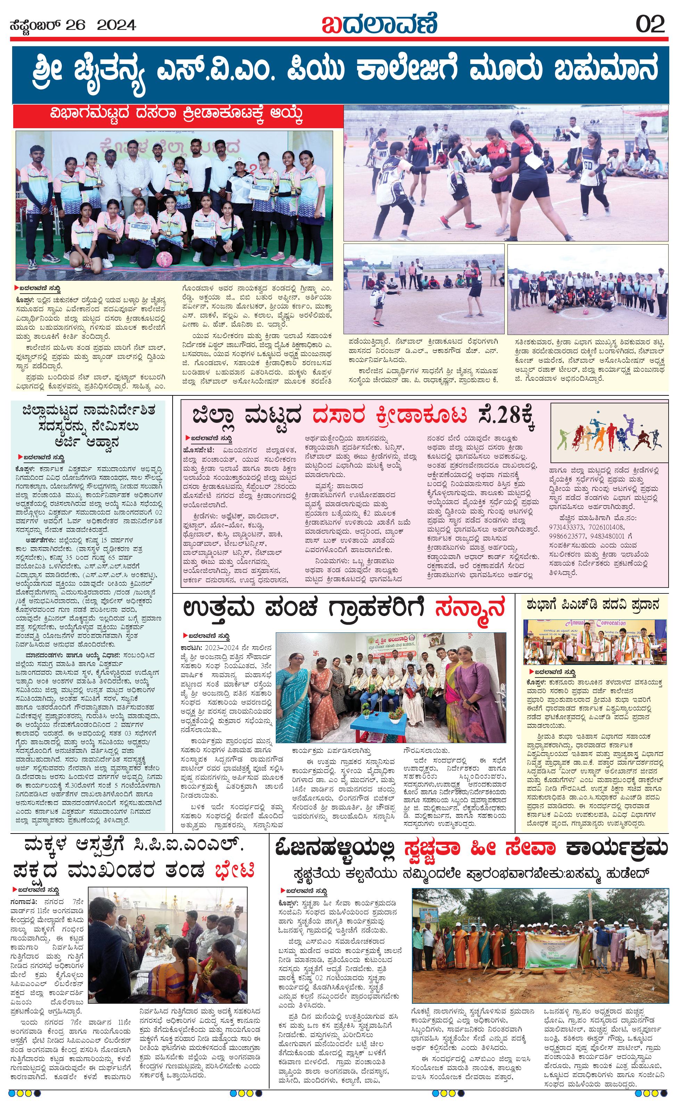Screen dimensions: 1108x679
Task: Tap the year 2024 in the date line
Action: [116, 25]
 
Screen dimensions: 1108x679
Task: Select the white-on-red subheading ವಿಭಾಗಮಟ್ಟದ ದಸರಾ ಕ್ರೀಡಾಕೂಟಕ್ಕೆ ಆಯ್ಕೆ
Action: [176, 116]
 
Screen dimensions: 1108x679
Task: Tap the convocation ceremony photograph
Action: [594, 641]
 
